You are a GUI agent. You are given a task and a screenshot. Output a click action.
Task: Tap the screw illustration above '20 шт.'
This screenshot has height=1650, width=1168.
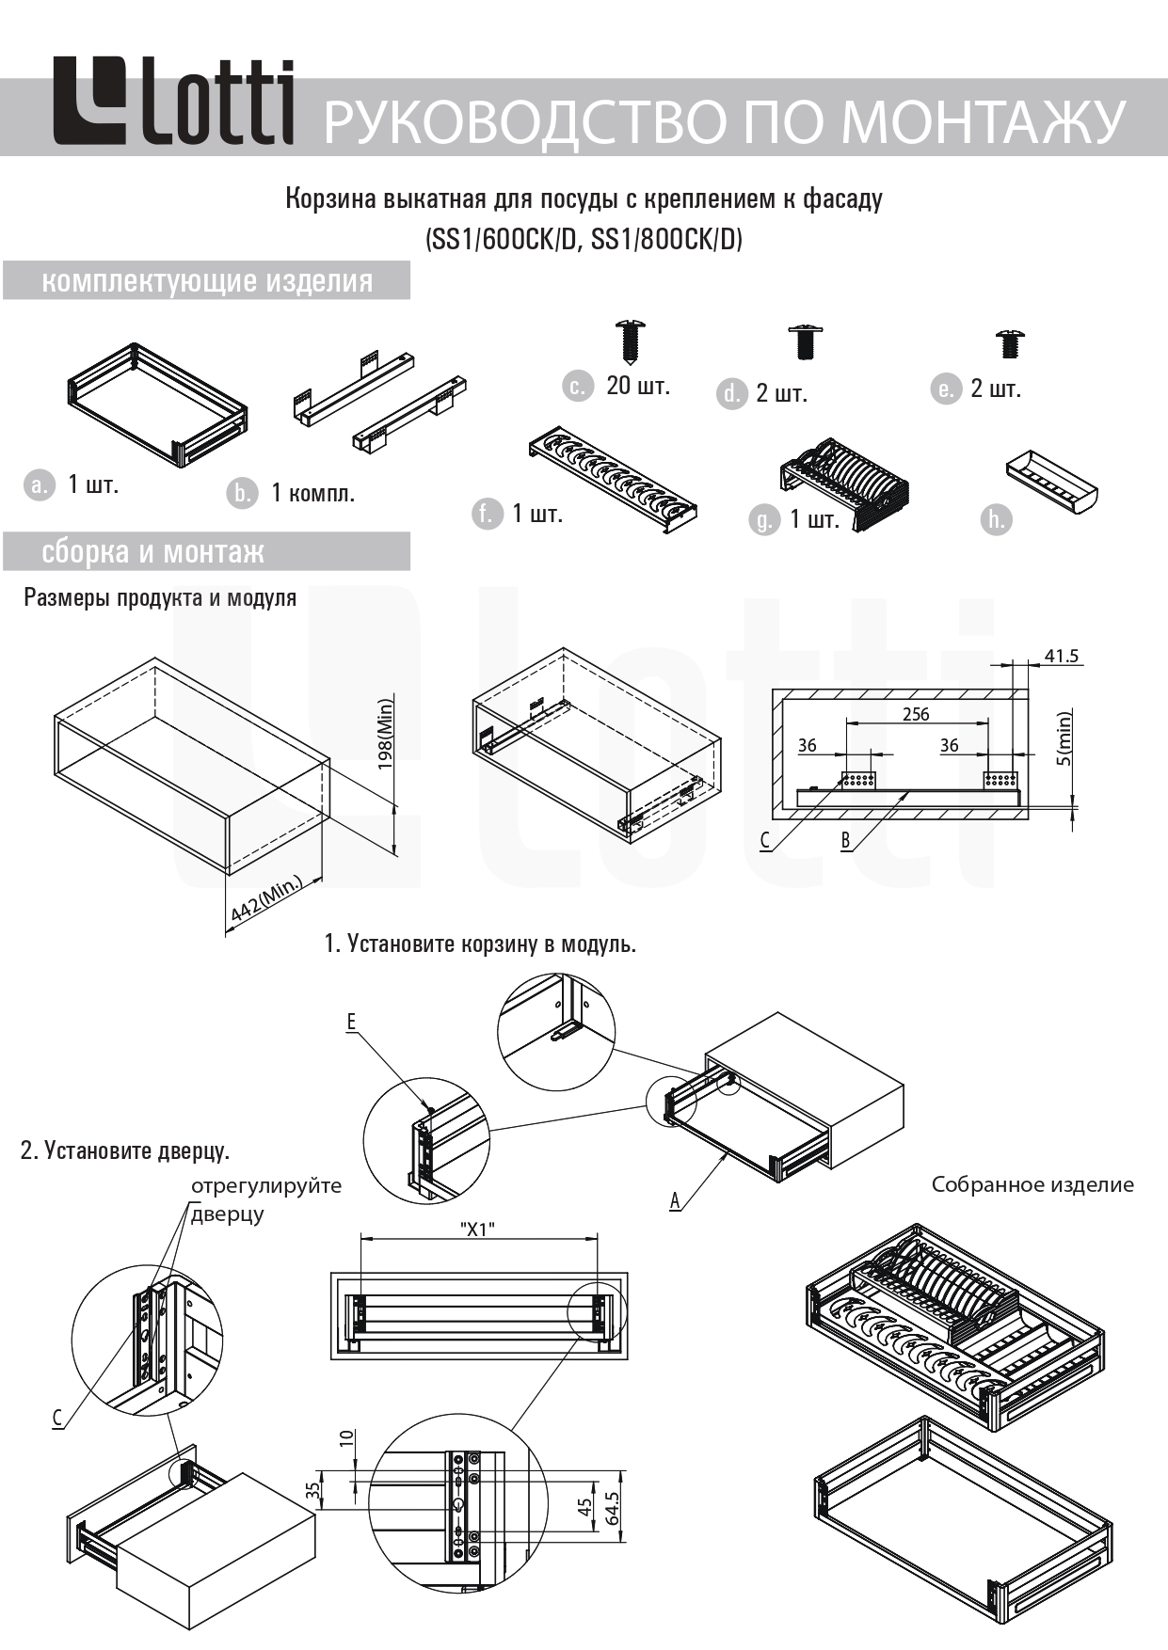point(632,341)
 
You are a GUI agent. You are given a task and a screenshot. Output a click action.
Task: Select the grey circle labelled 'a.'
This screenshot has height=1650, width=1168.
point(40,484)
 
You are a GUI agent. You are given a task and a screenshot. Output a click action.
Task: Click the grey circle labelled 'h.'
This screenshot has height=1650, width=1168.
point(996,519)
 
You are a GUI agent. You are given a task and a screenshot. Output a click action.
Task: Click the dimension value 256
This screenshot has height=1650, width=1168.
point(916,714)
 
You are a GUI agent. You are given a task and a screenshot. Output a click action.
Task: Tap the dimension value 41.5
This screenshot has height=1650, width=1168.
point(1061,656)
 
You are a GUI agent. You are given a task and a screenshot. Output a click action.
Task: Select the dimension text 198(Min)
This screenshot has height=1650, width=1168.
point(386,734)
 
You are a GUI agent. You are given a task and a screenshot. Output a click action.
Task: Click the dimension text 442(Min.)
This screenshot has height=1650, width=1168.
point(266,900)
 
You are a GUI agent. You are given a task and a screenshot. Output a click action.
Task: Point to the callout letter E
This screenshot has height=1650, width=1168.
point(352,1022)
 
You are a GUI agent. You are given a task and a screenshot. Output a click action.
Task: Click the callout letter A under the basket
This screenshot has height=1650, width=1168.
point(675,1200)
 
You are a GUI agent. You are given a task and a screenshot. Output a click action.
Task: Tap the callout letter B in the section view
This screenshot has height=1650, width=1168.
point(846,840)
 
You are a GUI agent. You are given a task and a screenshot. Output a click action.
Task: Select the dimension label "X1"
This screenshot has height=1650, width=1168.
point(477,1229)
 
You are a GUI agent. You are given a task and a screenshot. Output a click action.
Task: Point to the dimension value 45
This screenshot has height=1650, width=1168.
point(585,1507)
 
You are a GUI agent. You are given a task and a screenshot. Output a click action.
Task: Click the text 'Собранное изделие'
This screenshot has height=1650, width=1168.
point(1032,1184)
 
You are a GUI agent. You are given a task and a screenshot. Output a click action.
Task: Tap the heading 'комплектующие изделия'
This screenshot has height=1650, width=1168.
point(207,281)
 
